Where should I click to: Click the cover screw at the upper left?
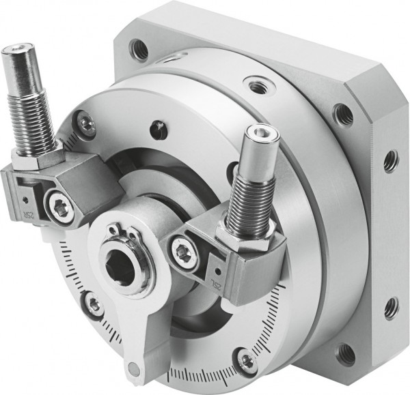coord(86,123)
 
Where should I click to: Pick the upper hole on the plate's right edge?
coord(391,161)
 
